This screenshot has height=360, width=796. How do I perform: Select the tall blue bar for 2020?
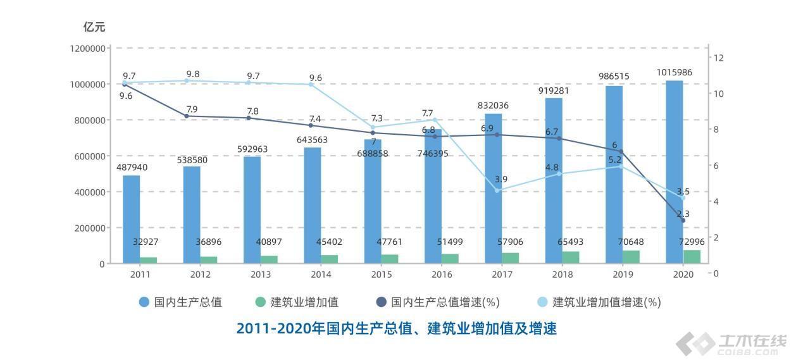point(674,171)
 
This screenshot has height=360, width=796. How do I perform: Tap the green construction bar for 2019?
point(631,256)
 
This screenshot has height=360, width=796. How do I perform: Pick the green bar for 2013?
point(269,259)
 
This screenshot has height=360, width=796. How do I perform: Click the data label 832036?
point(493,106)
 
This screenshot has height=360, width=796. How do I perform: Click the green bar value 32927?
point(149,242)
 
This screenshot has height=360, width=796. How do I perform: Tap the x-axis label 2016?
point(442,275)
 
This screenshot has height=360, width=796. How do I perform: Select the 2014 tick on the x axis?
point(321,275)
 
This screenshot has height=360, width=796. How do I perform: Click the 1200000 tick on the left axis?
point(87,48)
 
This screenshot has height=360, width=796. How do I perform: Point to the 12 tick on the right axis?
point(718,58)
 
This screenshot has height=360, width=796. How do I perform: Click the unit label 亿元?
point(94,27)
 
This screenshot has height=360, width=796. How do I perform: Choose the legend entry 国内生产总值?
point(180,302)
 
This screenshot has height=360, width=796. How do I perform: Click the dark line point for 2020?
point(683,220)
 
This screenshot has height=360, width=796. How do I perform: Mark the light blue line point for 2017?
point(497,190)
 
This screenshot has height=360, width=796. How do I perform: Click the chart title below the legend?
point(397,328)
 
